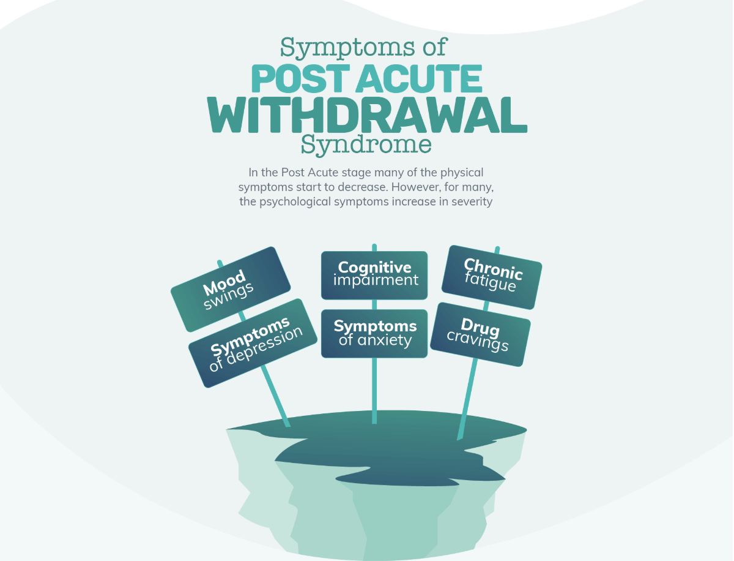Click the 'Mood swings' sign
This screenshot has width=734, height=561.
click(x=231, y=290)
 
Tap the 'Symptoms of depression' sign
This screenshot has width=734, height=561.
click(x=253, y=343)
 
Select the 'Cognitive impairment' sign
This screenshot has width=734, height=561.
click(x=374, y=276)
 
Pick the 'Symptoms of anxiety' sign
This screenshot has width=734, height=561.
click(x=374, y=334)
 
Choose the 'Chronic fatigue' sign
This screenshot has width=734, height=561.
click(x=492, y=277)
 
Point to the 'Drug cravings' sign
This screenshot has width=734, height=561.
click(x=480, y=334)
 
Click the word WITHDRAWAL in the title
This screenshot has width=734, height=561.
click(x=367, y=115)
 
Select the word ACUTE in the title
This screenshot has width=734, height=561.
click(x=419, y=78)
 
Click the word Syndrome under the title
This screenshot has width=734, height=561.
click(x=366, y=145)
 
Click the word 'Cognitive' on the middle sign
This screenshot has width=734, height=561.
click(x=374, y=268)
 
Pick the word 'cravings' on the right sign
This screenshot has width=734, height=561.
click(x=478, y=341)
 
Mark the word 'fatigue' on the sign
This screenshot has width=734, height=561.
click(x=490, y=282)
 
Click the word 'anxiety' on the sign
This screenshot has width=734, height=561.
click(x=385, y=341)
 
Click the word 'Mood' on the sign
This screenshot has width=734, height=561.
click(x=224, y=283)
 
